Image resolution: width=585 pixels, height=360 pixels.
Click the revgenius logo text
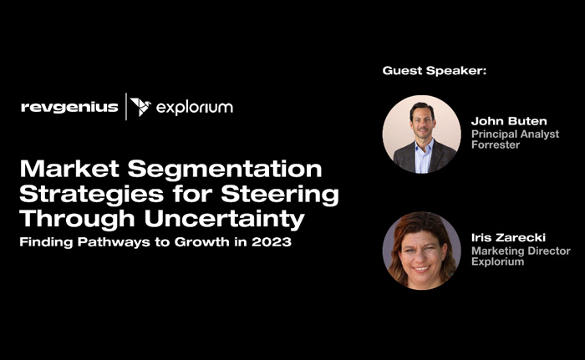[69, 108]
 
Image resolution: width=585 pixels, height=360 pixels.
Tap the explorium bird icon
[140, 107]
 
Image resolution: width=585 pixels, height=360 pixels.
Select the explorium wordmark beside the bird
[195, 108]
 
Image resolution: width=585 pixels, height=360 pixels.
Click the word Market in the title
[69, 169]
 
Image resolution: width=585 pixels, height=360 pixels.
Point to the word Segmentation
[225, 170]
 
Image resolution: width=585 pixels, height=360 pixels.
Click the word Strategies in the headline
[91, 195]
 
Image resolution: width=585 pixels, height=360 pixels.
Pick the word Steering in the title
[280, 195]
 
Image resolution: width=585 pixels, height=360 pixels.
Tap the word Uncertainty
[224, 219]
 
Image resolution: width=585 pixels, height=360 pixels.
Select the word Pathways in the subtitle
[114, 242]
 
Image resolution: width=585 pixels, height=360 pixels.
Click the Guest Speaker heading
[435, 70]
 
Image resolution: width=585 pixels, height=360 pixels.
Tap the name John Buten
[509, 121]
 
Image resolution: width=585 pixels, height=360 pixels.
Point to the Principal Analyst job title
[515, 134]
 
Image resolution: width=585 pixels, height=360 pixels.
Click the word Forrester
[496, 145]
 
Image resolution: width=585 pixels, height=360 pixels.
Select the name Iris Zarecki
[508, 237]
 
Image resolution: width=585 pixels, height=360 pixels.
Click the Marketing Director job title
[521, 251]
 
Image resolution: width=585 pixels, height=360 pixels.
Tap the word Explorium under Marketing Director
[498, 261]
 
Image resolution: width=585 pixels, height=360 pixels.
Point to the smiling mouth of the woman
[421, 268]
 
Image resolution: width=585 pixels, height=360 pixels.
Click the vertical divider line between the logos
[126, 107]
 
